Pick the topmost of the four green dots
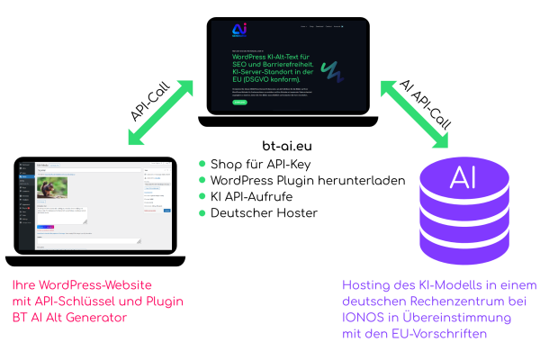point(202,164)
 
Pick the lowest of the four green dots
point(202,213)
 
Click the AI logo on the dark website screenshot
point(239,30)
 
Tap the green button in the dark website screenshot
point(239,102)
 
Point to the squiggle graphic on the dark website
point(334,70)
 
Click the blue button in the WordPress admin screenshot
point(166,210)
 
